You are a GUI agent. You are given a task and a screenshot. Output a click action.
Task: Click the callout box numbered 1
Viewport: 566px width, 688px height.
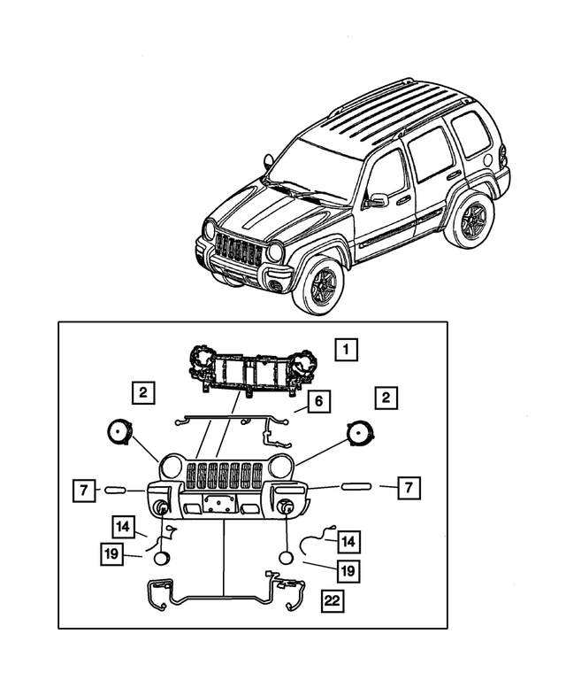click(x=347, y=350)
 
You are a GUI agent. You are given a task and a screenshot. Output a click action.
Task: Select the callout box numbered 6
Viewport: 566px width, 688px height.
click(x=319, y=403)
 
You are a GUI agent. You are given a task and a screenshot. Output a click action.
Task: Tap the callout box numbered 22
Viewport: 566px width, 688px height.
click(x=333, y=602)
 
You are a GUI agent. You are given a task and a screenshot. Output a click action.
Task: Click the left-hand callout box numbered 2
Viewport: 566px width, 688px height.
click(x=141, y=391)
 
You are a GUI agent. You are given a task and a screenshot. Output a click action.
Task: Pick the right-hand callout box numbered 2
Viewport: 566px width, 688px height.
click(x=386, y=398)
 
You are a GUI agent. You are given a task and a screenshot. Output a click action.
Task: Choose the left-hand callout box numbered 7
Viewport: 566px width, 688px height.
click(x=81, y=489)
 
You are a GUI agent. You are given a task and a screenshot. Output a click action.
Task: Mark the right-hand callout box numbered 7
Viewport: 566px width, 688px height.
click(x=408, y=487)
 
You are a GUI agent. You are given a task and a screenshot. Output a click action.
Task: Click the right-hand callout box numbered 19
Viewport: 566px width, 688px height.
click(x=348, y=571)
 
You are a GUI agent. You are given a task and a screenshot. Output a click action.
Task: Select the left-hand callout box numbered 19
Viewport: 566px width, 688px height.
click(x=111, y=554)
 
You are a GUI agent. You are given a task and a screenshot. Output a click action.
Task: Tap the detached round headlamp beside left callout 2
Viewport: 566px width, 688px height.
click(x=119, y=433)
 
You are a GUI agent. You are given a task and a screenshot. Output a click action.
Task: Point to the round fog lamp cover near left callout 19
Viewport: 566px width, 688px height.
click(x=162, y=558)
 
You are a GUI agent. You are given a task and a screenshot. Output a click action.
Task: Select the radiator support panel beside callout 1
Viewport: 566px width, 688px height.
click(x=251, y=369)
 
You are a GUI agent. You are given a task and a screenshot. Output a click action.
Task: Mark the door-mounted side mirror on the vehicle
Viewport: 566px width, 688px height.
click(x=379, y=200)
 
